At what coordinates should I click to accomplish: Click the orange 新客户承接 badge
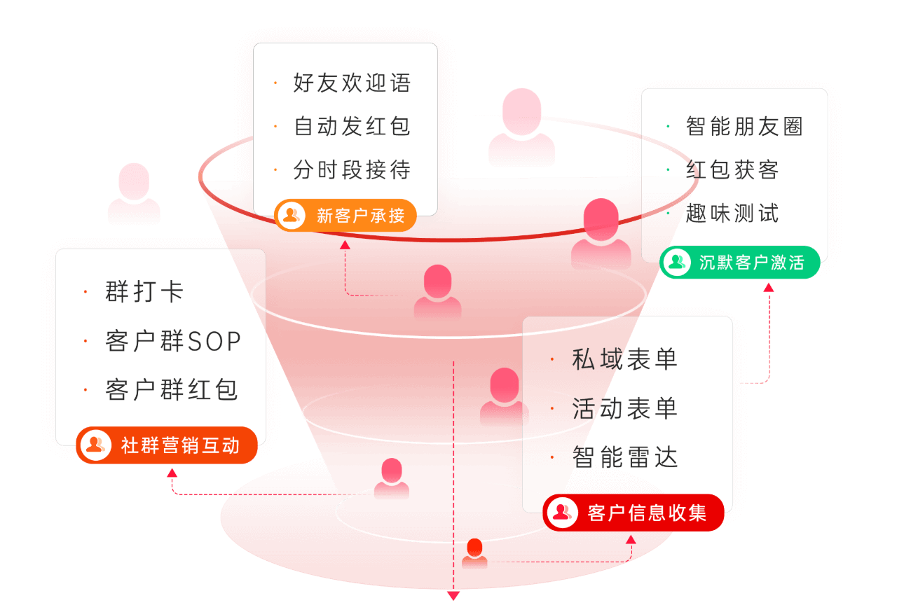point(345,216)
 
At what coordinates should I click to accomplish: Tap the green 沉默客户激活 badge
point(740,263)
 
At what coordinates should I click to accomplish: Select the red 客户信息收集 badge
point(633,513)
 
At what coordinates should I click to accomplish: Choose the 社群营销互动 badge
point(167,445)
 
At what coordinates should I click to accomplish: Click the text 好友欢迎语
point(352,83)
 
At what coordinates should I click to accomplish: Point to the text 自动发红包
point(352,126)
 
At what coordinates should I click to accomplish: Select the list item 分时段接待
point(352,169)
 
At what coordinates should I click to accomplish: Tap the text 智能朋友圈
point(745,126)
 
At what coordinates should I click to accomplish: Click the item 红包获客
point(732,169)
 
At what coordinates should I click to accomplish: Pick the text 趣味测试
point(732,213)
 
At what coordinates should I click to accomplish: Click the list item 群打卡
point(144,291)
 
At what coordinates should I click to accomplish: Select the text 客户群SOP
point(173,341)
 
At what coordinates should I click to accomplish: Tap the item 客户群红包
point(171,390)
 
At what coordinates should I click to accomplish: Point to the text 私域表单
point(624,359)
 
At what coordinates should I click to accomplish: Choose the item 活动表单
point(624,408)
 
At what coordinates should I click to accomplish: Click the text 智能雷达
point(624,457)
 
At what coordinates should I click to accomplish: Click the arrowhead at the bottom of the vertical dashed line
point(453,596)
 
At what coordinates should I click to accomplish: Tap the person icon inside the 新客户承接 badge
point(292,215)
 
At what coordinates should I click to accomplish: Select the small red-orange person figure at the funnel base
point(474,553)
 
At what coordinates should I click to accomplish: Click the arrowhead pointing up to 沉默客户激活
point(769,288)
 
